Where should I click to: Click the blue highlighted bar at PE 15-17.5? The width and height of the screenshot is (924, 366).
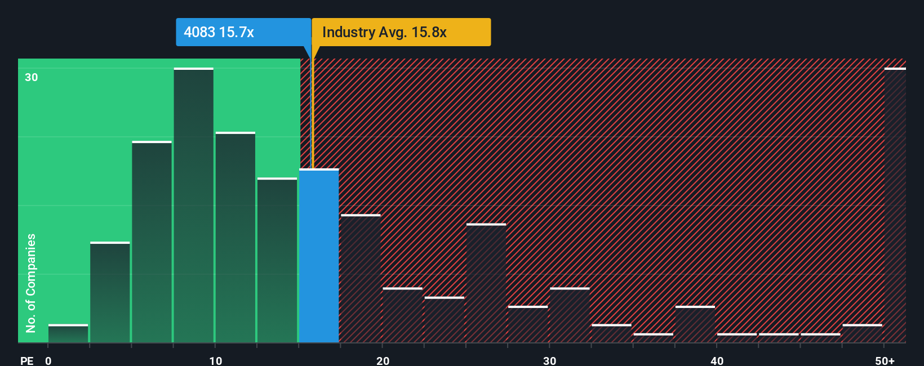coord(319,256)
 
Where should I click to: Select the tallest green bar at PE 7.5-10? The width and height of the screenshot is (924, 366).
coord(194,206)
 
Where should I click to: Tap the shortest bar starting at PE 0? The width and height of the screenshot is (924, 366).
coord(68,333)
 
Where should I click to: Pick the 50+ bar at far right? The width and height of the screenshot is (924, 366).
coord(895,206)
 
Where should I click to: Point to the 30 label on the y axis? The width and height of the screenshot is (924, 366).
coord(32,77)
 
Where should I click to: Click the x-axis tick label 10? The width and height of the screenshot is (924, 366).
coord(215,360)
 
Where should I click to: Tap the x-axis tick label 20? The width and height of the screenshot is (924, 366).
coord(383,360)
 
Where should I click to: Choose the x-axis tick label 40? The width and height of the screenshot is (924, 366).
coord(717,360)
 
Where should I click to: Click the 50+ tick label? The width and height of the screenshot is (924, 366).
coord(885,360)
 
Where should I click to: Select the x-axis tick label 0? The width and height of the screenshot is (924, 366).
coord(48,360)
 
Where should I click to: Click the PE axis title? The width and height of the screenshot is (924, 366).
coord(26,360)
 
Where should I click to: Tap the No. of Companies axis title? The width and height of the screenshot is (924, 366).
coord(31,283)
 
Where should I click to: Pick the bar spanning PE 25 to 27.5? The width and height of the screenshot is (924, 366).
coord(486,283)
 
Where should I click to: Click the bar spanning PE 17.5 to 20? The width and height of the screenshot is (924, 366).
coord(361,279)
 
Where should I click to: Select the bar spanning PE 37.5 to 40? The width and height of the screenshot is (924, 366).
coord(695,324)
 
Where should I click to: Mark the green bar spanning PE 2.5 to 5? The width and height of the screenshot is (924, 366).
coord(110,293)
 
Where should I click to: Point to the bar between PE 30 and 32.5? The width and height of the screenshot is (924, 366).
coord(570,315)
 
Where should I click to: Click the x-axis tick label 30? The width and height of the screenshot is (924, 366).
coord(549,360)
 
